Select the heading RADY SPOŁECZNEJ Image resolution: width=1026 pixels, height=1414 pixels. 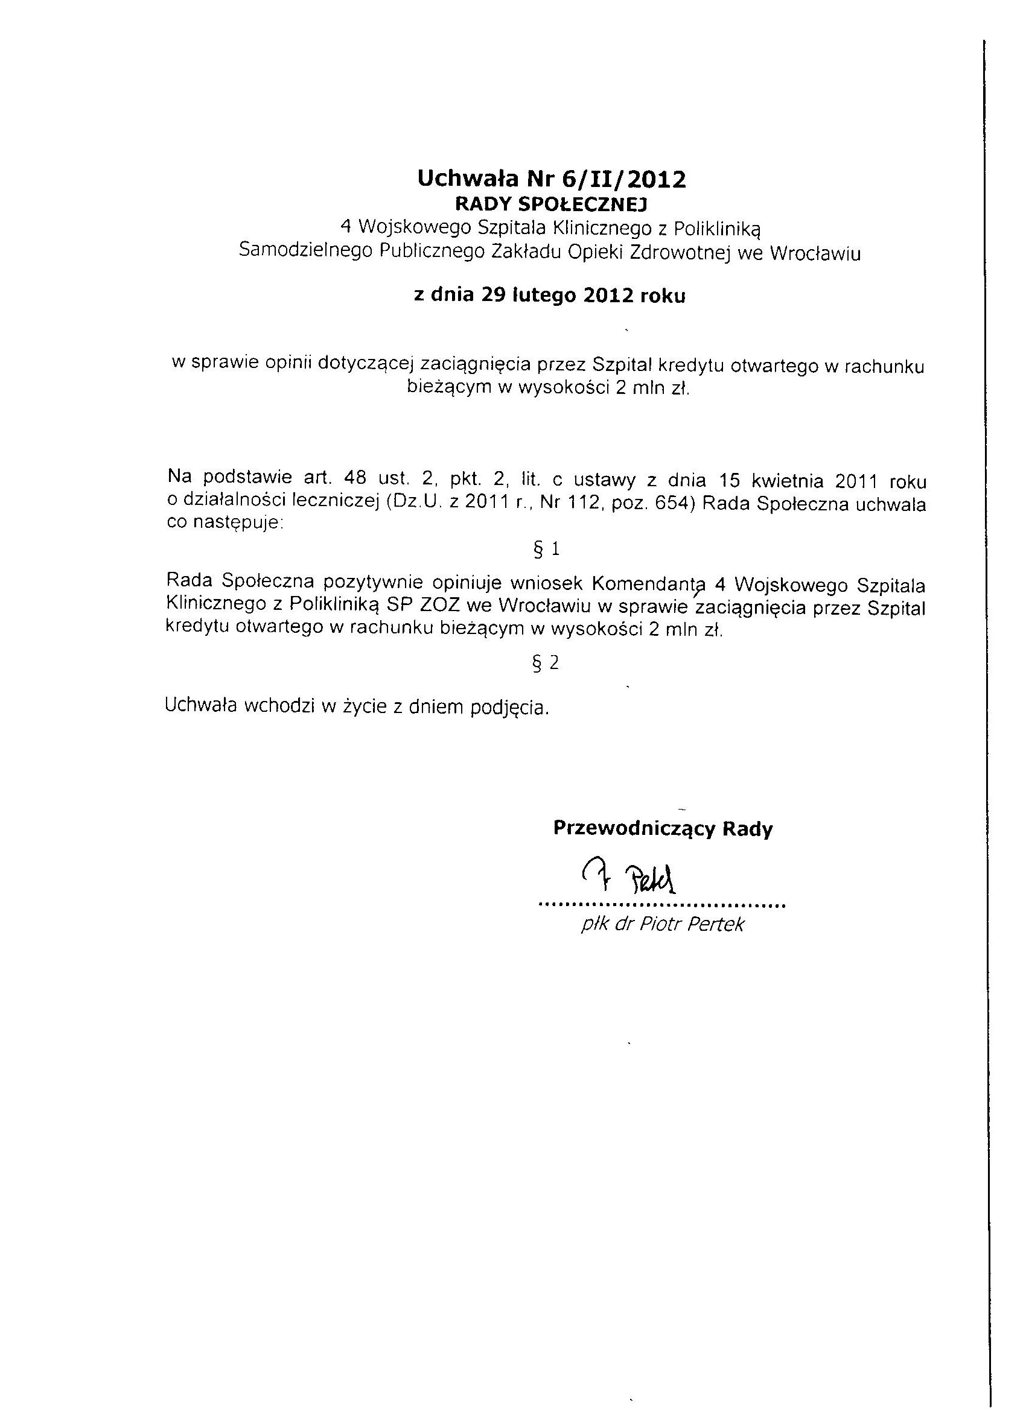coord(552,204)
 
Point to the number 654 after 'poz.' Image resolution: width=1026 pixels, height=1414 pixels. coord(675,503)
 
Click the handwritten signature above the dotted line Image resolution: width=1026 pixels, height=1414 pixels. coord(629,877)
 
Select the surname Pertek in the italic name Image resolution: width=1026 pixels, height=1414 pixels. coord(715,925)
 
